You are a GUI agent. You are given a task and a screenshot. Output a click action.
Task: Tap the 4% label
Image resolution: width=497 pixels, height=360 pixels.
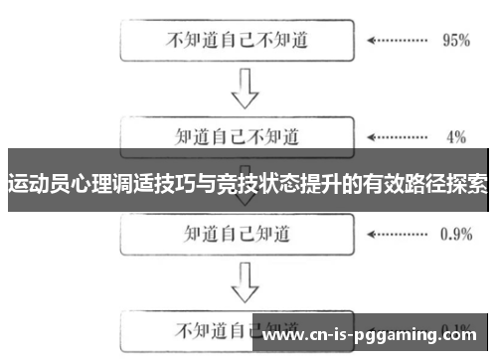[x=456, y=136]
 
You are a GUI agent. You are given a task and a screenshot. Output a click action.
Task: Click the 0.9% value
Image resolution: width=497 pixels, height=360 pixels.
[x=454, y=235]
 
